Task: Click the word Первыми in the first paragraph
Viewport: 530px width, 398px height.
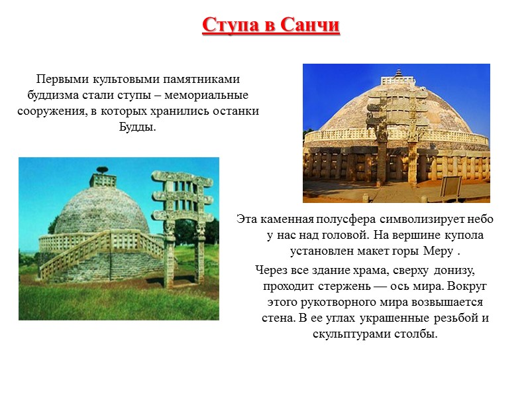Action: tap(61, 78)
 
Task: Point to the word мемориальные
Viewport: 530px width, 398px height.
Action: tap(216, 94)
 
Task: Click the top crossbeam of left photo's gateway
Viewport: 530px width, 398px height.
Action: tap(182, 178)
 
